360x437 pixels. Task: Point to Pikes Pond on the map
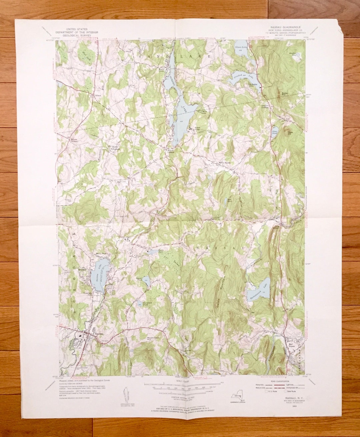coord(275,132)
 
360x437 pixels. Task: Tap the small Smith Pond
coord(153,252)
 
